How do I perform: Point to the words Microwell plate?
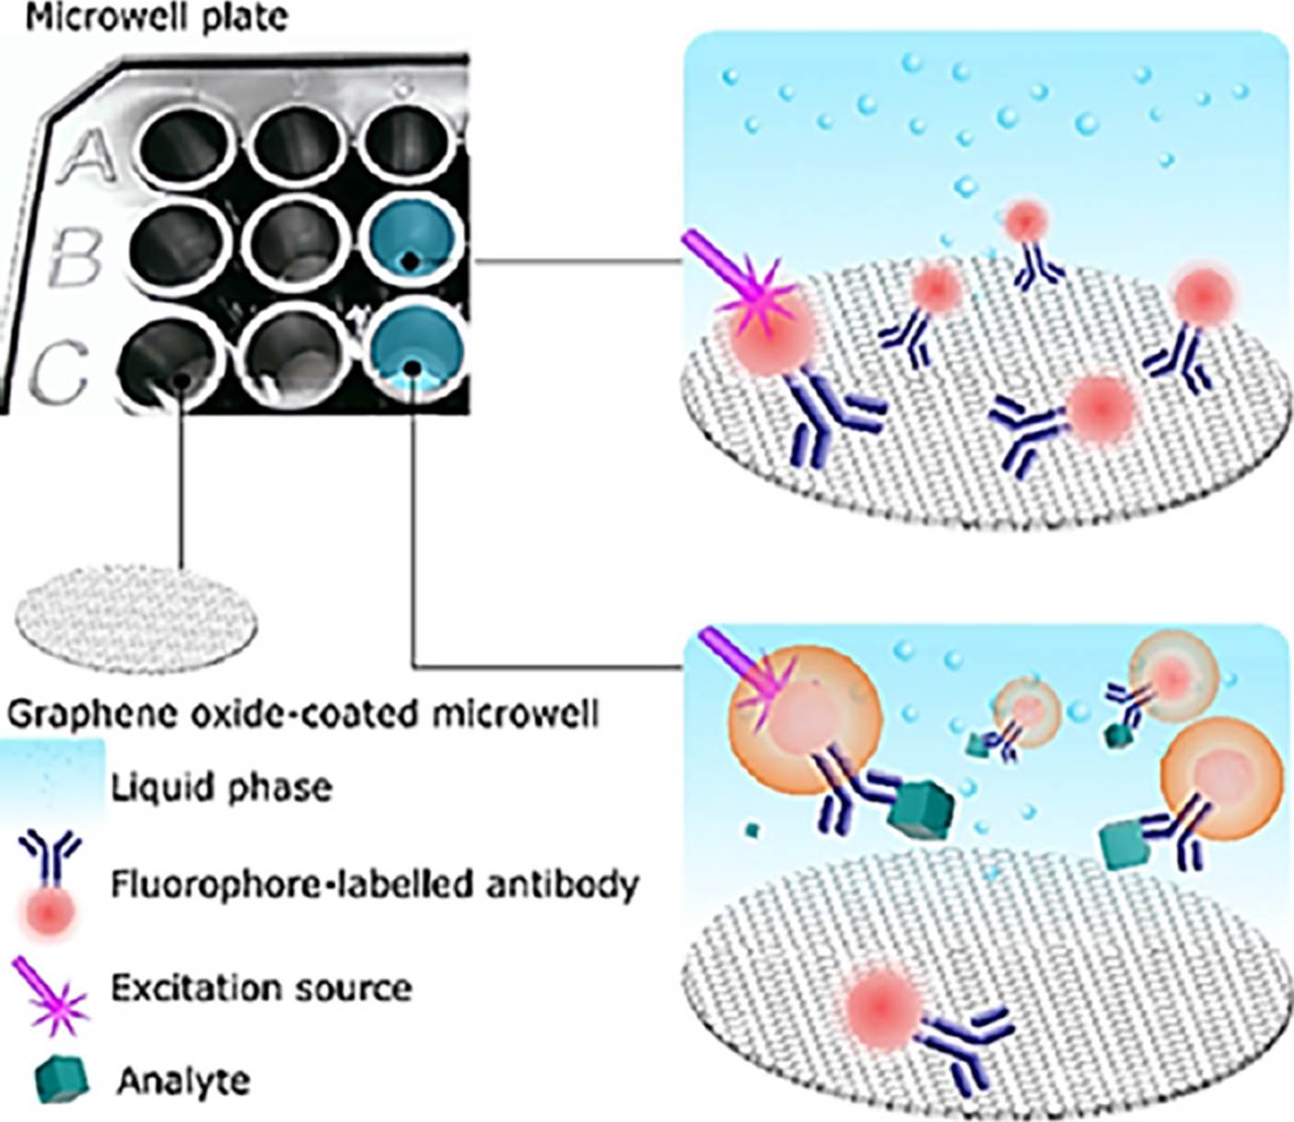point(157,18)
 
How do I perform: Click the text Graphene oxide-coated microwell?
point(303,715)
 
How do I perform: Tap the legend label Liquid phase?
point(221,788)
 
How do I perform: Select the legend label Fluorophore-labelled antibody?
point(375,884)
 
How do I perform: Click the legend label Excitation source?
point(262,988)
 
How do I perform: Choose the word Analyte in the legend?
point(183,1080)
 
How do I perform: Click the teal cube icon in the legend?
point(62,1078)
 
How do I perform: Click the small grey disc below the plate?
point(136,619)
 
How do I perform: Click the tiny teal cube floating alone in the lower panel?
point(753,830)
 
